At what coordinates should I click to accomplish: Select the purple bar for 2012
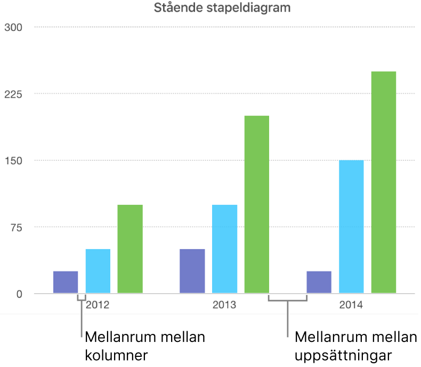point(66,282)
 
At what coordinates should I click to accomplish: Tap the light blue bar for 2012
point(98,271)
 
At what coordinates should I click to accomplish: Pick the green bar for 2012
point(130,249)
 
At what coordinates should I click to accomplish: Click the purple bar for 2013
point(192,271)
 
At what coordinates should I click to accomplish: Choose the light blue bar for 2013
point(224,249)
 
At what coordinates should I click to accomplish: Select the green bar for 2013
point(257,205)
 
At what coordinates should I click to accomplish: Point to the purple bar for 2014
point(319,282)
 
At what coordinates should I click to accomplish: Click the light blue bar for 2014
point(351,226)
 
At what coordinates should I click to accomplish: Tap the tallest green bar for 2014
point(384,182)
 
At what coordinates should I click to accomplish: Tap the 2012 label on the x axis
point(98,306)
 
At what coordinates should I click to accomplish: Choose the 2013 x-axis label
point(224,306)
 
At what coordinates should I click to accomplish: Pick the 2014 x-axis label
point(351,306)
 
